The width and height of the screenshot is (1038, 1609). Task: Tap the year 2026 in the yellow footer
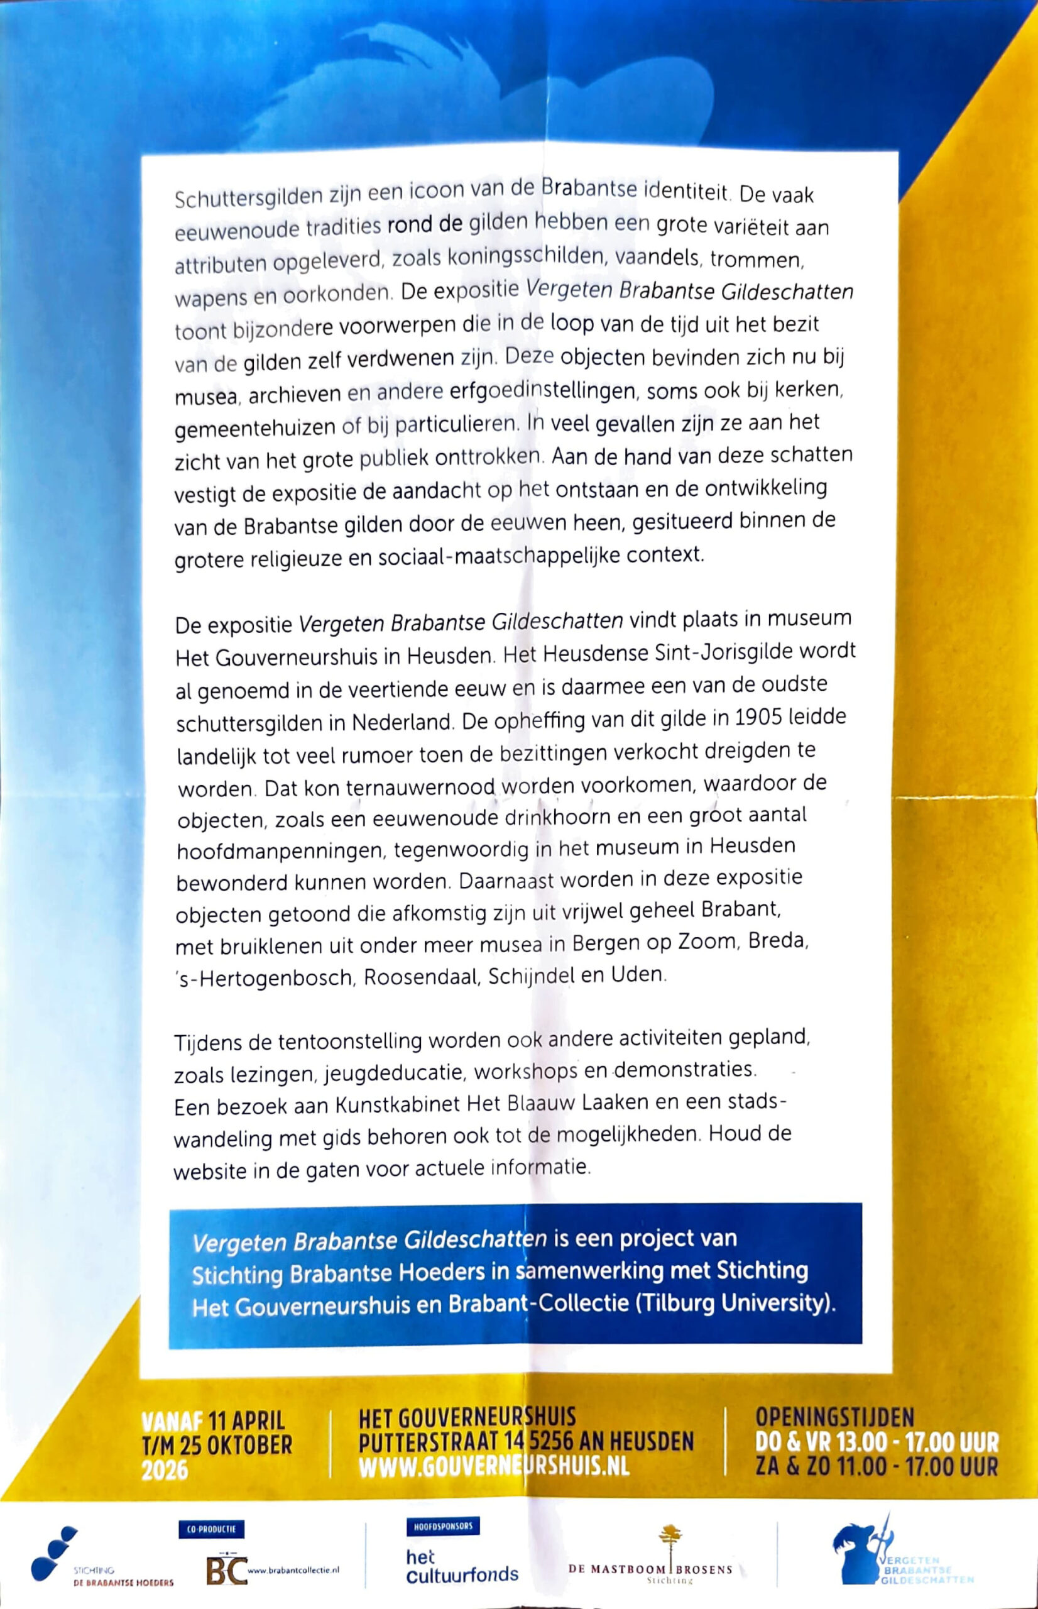[165, 1470]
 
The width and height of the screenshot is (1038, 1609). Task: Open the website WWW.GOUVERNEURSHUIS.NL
[494, 1467]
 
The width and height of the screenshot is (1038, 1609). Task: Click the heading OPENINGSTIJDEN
[834, 1417]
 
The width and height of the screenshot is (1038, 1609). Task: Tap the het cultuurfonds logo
[462, 1566]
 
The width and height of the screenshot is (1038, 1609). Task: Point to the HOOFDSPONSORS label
[442, 1526]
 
